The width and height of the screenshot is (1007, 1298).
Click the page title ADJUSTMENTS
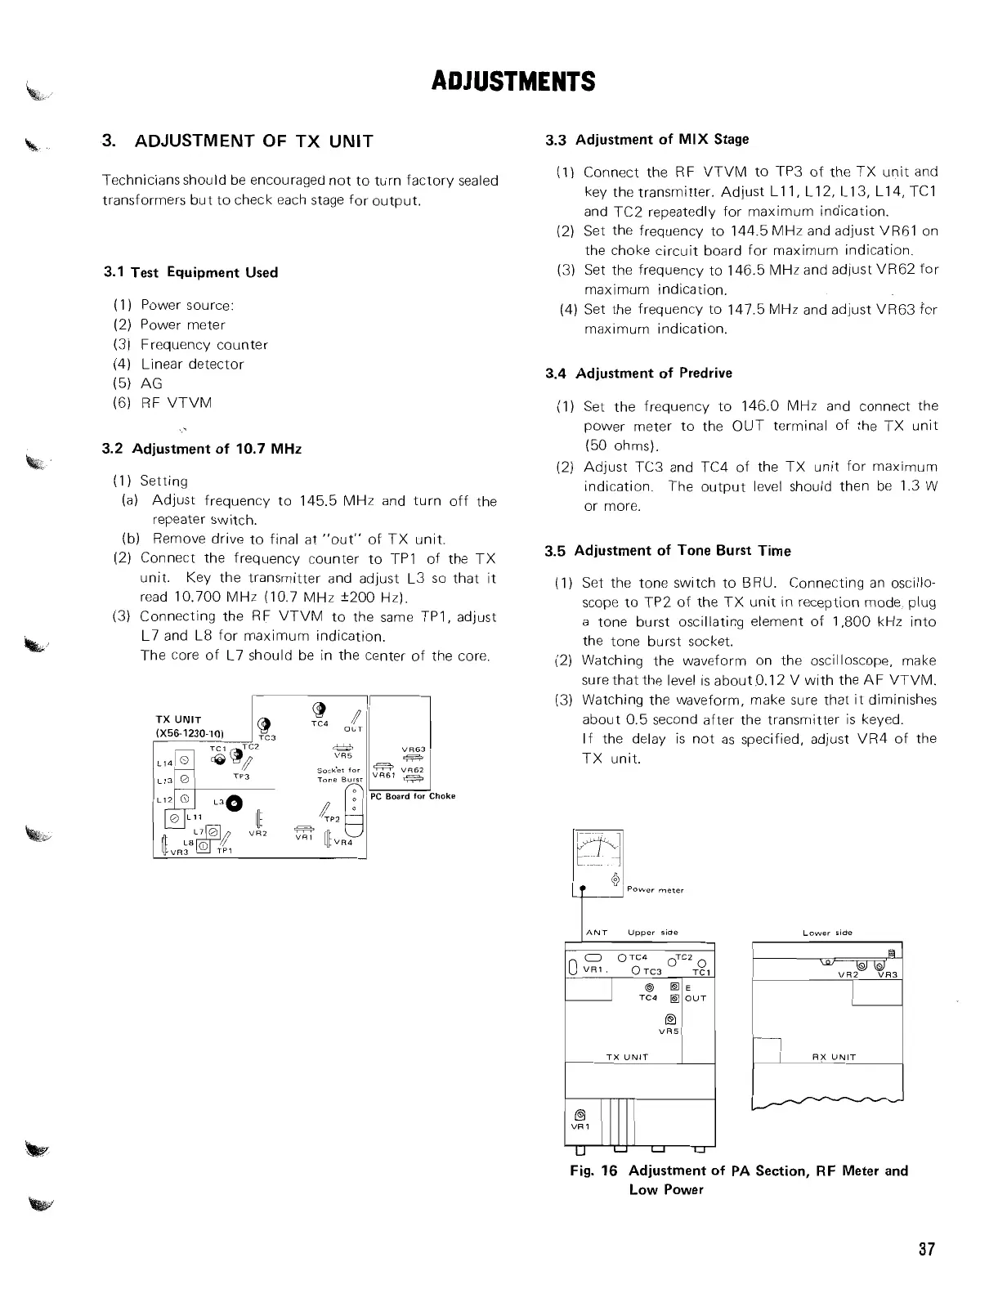tap(512, 82)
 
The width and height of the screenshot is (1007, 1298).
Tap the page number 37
tap(925, 1250)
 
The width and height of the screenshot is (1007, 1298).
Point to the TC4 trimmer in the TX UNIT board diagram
tap(320, 709)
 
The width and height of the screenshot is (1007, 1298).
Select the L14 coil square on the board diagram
tap(184, 759)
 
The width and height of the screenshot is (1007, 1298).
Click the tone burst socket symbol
tap(353, 799)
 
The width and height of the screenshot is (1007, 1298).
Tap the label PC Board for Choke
tap(412, 796)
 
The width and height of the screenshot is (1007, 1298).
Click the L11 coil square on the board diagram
tap(174, 818)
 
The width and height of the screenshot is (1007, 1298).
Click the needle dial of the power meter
tap(598, 848)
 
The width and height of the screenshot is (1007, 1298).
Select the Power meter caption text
tap(655, 890)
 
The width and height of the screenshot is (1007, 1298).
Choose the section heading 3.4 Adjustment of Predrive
tap(638, 374)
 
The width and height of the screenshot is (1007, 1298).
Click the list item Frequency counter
tap(204, 345)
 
